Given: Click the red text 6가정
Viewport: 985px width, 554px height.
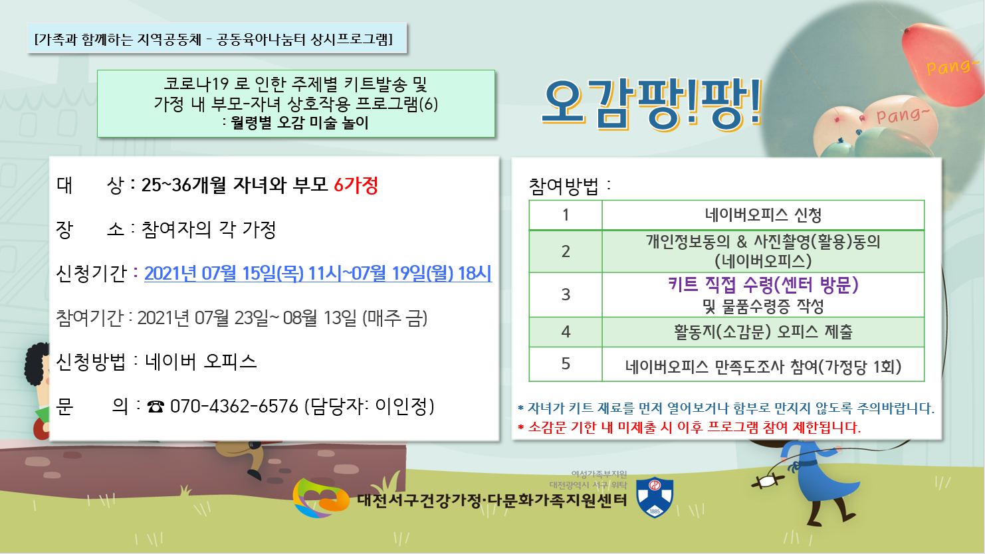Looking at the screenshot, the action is (x=356, y=185).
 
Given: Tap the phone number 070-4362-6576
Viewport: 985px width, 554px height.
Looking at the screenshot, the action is (x=234, y=407).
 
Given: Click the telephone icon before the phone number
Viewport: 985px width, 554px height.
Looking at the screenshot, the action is (x=156, y=407).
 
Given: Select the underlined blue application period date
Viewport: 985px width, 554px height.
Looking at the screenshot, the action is (x=318, y=273).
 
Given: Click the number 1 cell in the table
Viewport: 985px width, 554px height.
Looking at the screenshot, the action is (x=566, y=215).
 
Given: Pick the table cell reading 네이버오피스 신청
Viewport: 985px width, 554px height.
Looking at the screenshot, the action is (x=763, y=215).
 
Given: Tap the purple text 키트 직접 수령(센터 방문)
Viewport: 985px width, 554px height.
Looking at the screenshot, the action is (x=763, y=285).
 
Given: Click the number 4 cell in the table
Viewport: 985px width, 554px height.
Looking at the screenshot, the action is (x=566, y=331).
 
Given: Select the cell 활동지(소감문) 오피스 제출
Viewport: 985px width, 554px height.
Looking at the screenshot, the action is (x=763, y=331).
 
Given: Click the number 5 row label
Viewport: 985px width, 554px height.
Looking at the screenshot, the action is (x=566, y=364).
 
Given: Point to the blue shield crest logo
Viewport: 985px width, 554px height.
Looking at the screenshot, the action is (x=655, y=497).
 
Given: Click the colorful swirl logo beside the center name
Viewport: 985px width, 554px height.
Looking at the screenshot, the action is (x=320, y=498).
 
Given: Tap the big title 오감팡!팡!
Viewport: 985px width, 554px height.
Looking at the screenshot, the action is (x=652, y=104).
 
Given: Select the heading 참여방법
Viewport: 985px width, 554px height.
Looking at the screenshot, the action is (x=564, y=186).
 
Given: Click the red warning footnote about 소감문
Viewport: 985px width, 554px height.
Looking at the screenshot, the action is (x=689, y=427).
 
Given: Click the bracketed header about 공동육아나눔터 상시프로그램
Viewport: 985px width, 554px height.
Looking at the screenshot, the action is (x=214, y=39).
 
